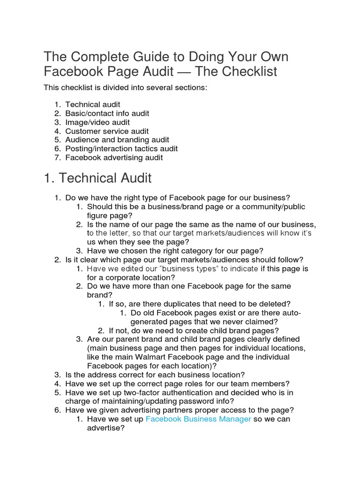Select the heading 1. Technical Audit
click(98, 178)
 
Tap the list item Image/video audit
click(97, 122)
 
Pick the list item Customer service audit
click(107, 131)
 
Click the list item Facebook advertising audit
click(114, 157)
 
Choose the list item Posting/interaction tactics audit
click(121, 149)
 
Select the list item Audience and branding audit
click(117, 140)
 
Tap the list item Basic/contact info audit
click(107, 113)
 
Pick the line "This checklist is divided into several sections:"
click(125, 88)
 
